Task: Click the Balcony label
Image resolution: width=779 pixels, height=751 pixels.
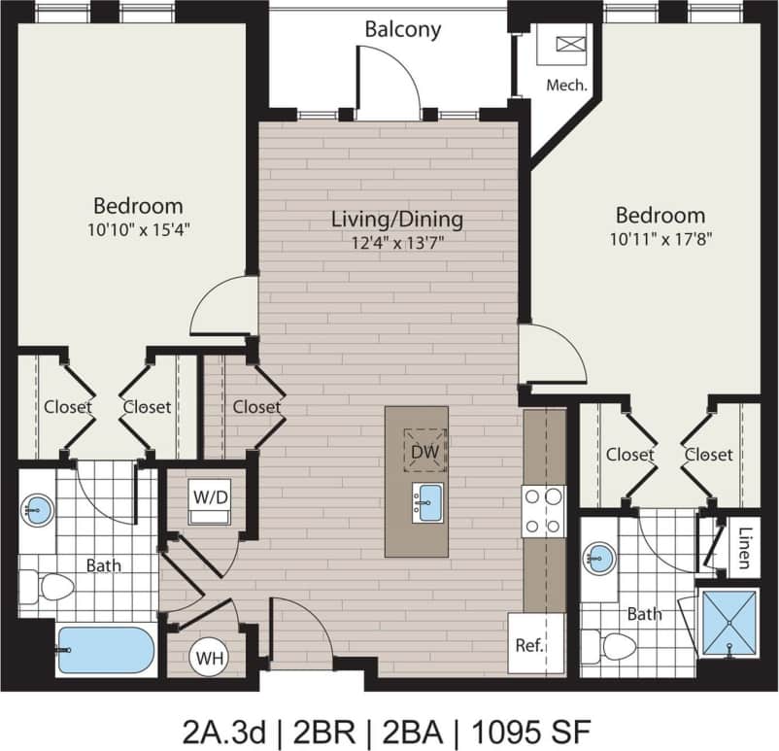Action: pos(402,29)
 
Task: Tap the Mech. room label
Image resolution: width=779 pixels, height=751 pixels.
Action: pos(566,85)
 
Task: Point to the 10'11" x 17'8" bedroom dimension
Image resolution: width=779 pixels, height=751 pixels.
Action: pos(660,239)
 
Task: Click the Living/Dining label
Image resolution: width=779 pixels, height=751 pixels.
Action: pos(396,219)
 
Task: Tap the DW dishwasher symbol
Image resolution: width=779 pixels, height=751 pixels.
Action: pos(424,450)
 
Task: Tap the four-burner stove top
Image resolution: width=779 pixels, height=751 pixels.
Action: pos(544,511)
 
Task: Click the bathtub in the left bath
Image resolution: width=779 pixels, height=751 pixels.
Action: pos(105,648)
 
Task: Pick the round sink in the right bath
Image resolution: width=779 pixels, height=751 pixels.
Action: pos(599,557)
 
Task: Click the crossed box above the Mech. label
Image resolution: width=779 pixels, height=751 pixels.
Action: pos(568,45)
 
